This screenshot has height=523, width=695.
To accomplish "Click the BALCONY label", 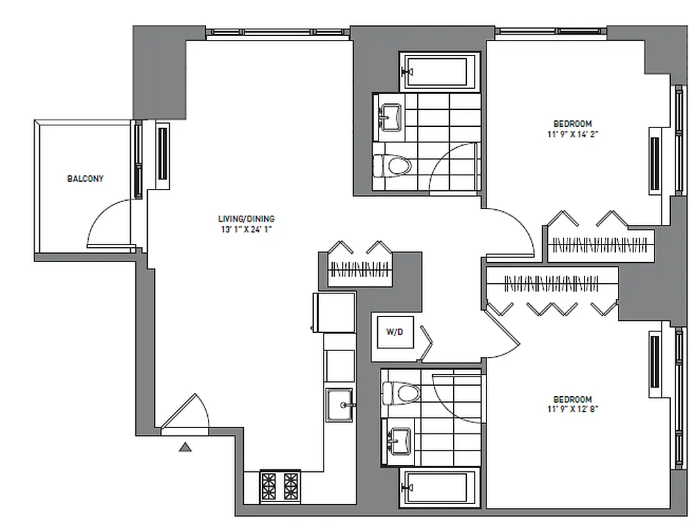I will (86, 178).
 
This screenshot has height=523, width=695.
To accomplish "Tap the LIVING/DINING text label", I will (246, 218).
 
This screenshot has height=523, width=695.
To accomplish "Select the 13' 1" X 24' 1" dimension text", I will (246, 229).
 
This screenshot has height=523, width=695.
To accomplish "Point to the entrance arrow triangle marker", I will (186, 447).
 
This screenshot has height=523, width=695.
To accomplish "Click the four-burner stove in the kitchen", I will (280, 486).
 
